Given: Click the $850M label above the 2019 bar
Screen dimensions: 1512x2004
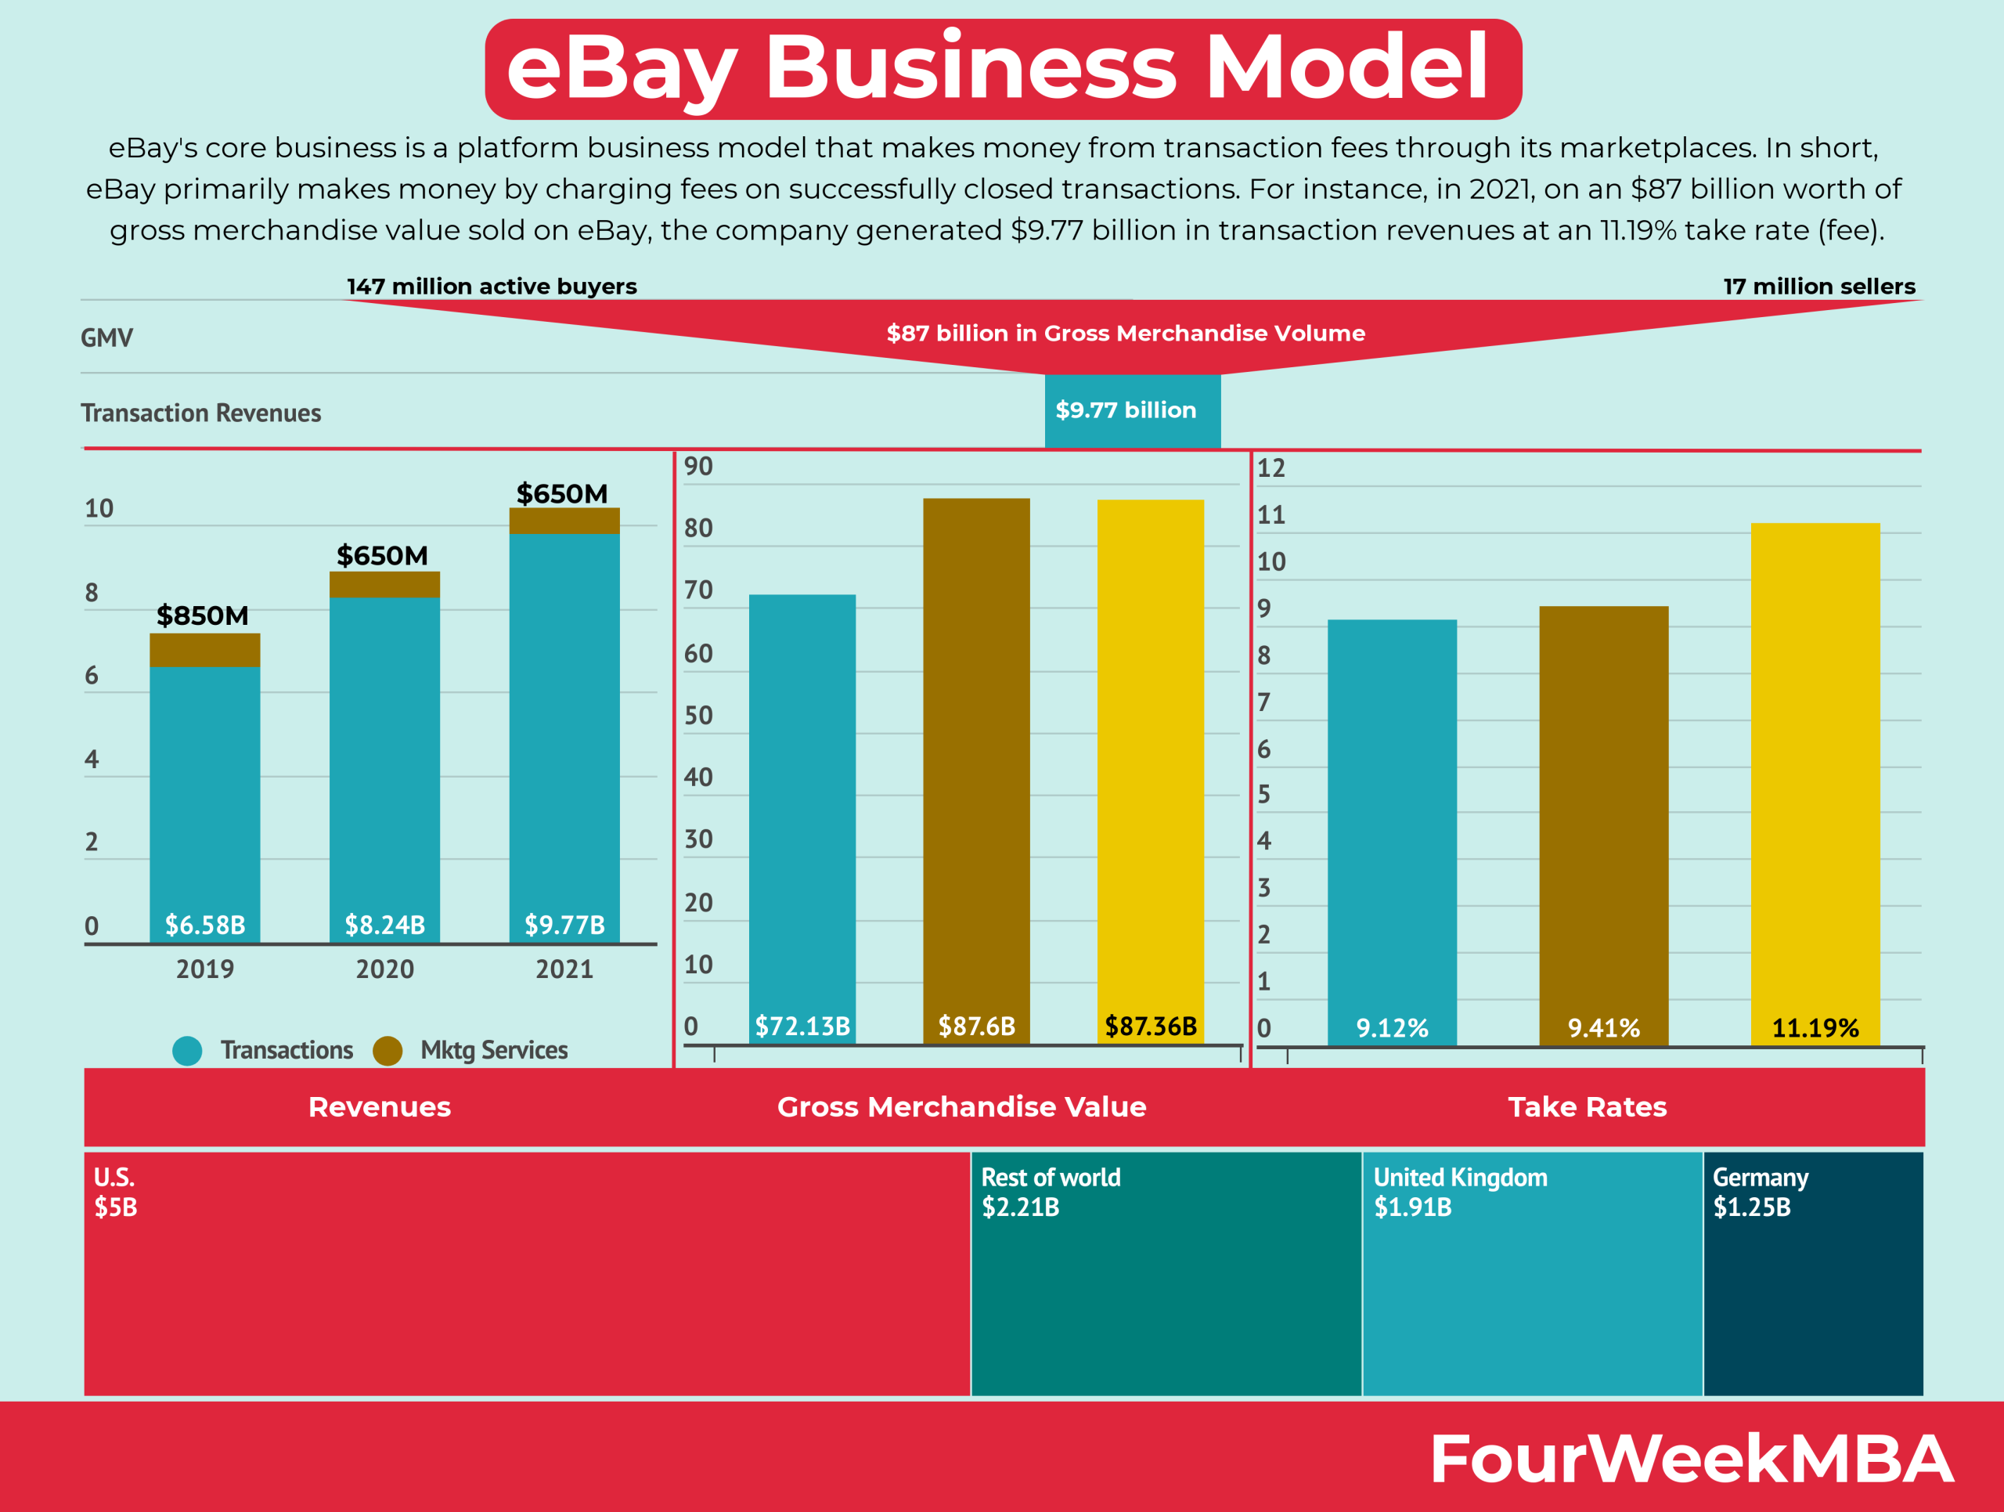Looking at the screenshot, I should click(202, 616).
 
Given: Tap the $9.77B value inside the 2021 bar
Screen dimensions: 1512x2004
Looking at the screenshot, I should click(564, 925).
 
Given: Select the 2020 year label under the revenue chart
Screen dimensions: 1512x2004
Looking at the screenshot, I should click(384, 969).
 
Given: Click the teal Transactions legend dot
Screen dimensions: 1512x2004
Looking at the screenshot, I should click(188, 1051).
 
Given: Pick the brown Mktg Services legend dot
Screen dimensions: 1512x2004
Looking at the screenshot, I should click(387, 1051).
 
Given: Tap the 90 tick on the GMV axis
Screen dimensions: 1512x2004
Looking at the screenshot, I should click(697, 467).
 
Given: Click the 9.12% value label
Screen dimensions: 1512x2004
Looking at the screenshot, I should click(1392, 1028).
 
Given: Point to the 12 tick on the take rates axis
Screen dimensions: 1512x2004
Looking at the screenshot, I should click(1271, 468).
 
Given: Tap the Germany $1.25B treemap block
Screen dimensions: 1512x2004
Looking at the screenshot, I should click(1813, 1273).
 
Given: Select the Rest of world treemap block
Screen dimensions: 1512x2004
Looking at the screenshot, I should click(1166, 1273).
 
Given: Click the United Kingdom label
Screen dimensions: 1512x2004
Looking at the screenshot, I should click(1461, 1178).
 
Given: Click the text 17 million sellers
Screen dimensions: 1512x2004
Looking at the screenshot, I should click(1818, 287).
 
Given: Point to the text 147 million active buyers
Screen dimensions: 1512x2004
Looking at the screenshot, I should click(492, 287).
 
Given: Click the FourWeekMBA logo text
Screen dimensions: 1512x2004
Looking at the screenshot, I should click(1691, 1460).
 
